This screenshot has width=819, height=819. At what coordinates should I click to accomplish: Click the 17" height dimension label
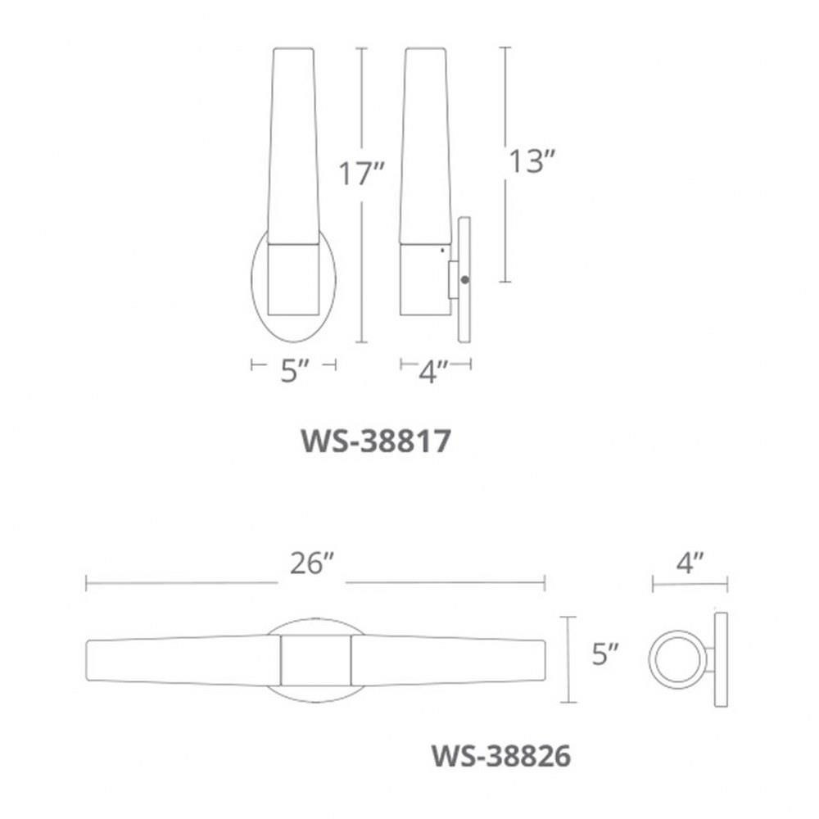point(361,173)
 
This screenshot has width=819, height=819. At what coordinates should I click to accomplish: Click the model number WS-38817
point(376,441)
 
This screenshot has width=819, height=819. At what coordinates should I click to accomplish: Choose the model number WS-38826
point(501,756)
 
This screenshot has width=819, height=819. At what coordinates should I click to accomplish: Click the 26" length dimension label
point(312,563)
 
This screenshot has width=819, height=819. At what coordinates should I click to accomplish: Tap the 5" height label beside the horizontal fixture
point(605,654)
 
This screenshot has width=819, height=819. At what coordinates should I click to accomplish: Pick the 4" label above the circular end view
point(690,563)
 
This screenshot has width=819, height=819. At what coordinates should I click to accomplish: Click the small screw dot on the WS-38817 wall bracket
point(465,280)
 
